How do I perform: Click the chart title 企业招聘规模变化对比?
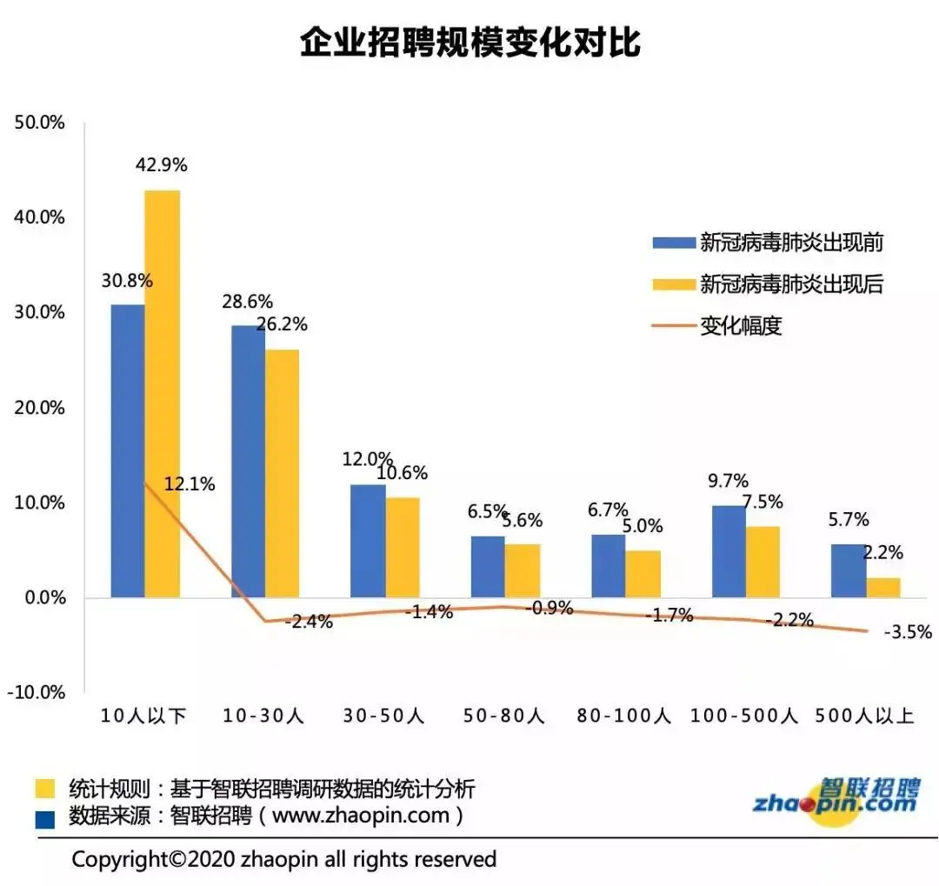(x=470, y=42)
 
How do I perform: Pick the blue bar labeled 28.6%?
(x=248, y=461)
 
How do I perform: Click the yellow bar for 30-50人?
(x=403, y=547)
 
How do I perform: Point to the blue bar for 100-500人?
(x=729, y=551)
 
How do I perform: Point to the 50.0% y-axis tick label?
(x=40, y=123)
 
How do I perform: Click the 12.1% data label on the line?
(x=190, y=484)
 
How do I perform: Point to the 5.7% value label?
(x=849, y=520)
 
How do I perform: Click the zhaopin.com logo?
(x=835, y=799)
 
